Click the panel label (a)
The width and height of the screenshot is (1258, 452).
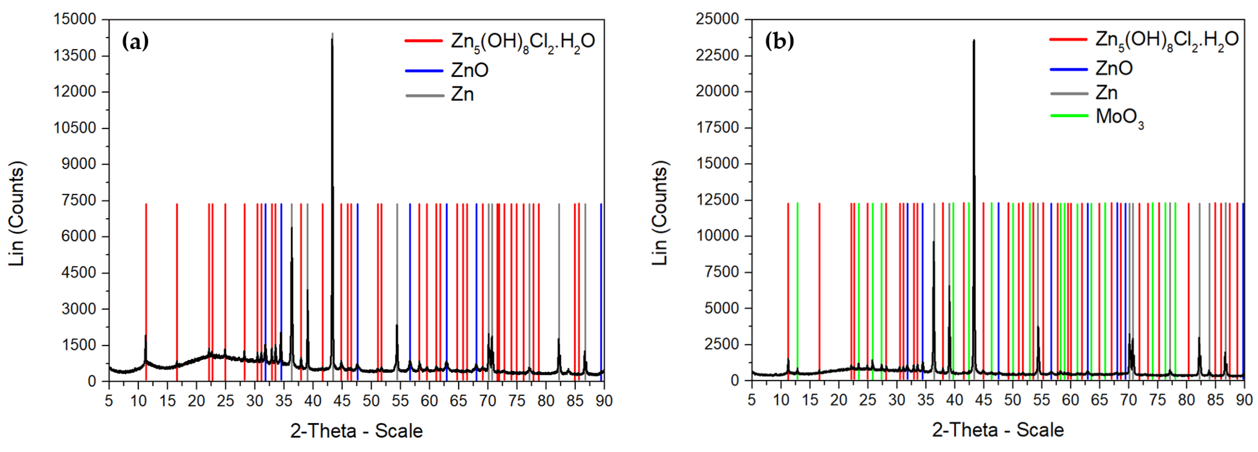click(135, 42)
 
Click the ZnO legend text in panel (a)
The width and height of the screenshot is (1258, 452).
click(469, 70)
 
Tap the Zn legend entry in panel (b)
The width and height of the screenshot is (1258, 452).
click(1106, 93)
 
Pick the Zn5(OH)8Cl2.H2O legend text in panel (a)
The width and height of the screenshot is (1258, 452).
click(523, 42)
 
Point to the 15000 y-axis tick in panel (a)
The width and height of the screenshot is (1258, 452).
click(75, 20)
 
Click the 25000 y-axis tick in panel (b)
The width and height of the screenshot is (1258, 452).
click(717, 20)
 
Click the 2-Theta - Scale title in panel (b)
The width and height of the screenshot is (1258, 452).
click(998, 430)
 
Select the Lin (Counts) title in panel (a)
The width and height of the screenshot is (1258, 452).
click(17, 214)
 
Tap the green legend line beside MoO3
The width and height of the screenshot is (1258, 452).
click(1069, 116)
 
